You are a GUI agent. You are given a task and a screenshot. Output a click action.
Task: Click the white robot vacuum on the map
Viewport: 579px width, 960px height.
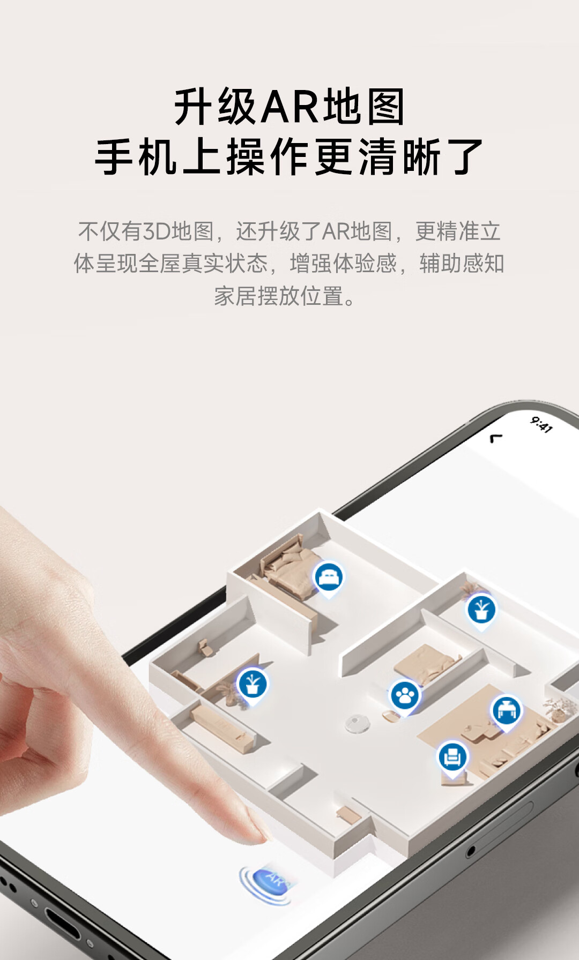pos(358,723)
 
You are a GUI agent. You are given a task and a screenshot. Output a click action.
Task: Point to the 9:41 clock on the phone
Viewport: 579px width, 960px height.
pos(541,424)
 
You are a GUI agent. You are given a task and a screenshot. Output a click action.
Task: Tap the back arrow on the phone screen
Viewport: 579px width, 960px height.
pos(496,438)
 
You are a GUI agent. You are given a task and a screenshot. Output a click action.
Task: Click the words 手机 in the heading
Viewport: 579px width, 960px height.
pos(136,156)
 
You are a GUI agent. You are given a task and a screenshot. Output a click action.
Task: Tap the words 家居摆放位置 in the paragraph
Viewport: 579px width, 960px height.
pos(279,296)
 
